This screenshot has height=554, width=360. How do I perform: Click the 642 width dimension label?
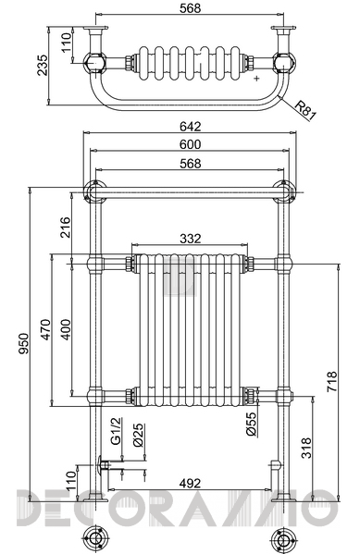point(191,126)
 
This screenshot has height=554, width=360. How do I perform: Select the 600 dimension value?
point(191,144)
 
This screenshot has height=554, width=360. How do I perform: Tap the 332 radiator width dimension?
point(191,239)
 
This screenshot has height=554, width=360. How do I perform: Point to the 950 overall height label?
point(23,343)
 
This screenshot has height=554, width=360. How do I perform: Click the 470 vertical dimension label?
point(46,329)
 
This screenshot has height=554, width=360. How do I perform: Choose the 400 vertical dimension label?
point(66,329)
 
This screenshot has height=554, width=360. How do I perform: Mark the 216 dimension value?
point(66,228)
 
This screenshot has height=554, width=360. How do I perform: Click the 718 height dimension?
point(332,382)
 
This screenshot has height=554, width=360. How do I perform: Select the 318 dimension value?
point(306,448)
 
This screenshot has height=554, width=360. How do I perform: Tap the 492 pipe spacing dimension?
point(191,483)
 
